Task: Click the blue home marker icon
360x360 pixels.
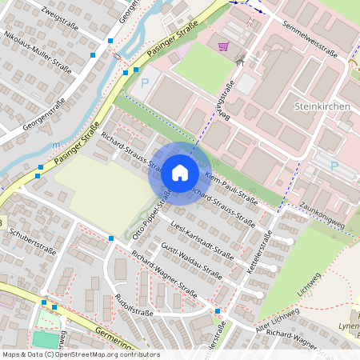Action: coord(180,173)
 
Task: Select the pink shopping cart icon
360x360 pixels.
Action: coord(223,46)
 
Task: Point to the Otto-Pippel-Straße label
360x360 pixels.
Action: coord(157,208)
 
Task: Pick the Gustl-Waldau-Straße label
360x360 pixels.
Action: coord(191,261)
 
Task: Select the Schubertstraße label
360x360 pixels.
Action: coord(32,242)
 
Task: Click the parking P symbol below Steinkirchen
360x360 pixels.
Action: coord(334,166)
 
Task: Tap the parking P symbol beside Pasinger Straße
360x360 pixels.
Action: coord(145,82)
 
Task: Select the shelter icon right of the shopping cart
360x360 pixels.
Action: coord(239,58)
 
